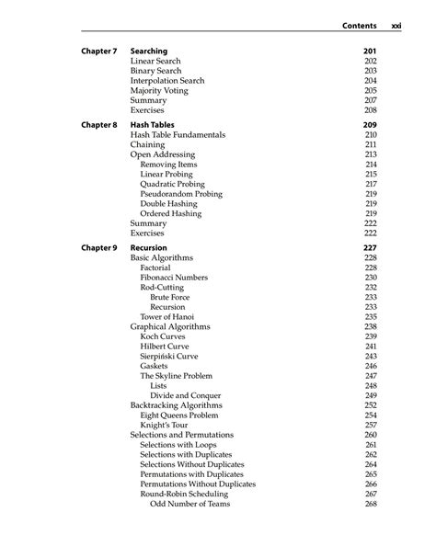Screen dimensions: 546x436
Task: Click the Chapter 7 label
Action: coord(98,51)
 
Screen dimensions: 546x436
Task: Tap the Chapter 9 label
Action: coord(98,248)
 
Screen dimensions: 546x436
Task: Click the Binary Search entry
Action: coord(155,71)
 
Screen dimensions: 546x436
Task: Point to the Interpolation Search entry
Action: coord(167,81)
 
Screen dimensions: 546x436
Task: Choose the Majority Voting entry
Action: coord(160,91)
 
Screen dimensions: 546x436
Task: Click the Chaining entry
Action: coord(148,144)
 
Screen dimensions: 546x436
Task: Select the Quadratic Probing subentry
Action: coord(172,184)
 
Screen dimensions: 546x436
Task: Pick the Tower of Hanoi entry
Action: coord(166,316)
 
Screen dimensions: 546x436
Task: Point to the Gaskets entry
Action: coord(155,366)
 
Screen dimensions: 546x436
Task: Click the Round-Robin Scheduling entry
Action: coord(183,494)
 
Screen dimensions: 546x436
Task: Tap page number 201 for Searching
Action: coord(371,51)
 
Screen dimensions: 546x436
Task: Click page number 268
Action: coord(371,504)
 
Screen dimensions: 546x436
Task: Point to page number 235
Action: coord(371,316)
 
